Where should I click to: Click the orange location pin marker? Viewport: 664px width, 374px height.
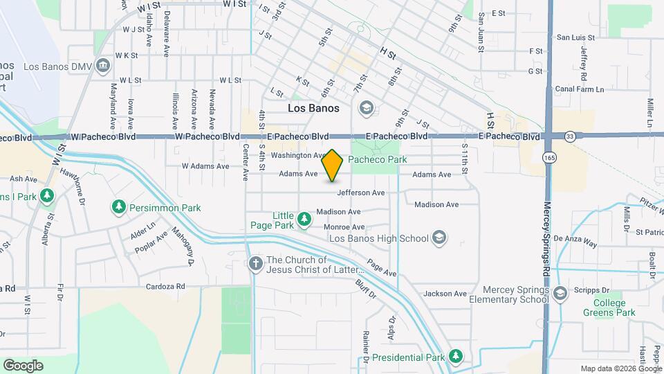pos(333,166)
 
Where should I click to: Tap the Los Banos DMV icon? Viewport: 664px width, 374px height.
pos(104,66)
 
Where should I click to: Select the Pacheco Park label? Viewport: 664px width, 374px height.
pos(378,159)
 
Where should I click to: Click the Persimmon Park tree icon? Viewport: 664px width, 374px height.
pos(119,207)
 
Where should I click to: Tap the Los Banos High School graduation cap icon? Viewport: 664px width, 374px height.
pos(438,238)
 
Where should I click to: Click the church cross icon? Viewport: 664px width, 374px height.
pos(256,264)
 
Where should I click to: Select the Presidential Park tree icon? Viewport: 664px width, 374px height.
pos(455,357)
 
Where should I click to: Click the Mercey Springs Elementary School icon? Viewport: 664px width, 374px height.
pos(560,294)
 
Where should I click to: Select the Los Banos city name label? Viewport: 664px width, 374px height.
pos(313,109)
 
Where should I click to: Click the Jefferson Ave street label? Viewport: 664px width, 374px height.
pos(361,193)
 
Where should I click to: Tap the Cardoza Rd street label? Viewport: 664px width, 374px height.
pos(165,286)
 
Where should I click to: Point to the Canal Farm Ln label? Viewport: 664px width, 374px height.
pos(580,89)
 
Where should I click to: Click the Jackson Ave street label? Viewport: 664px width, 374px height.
pos(445,294)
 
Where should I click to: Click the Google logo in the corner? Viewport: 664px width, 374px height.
pos(23,365)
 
